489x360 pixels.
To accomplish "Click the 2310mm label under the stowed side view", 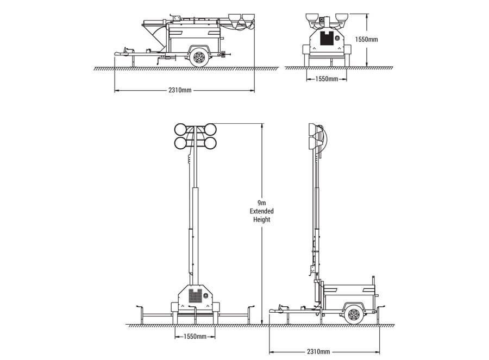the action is click(180, 90).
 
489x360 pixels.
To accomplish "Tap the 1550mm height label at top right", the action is click(366, 40).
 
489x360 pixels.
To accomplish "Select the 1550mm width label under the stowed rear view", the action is click(327, 79).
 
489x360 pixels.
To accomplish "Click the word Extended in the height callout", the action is click(262, 211).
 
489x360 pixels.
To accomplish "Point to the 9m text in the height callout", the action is click(262, 203).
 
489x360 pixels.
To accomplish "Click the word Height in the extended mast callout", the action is click(262, 219).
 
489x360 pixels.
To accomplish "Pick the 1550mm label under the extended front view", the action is click(195, 337).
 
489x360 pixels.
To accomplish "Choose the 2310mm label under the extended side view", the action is click(318, 352).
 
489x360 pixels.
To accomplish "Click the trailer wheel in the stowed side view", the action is click(199, 58).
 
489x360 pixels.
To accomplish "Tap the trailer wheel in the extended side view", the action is click(353, 315).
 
